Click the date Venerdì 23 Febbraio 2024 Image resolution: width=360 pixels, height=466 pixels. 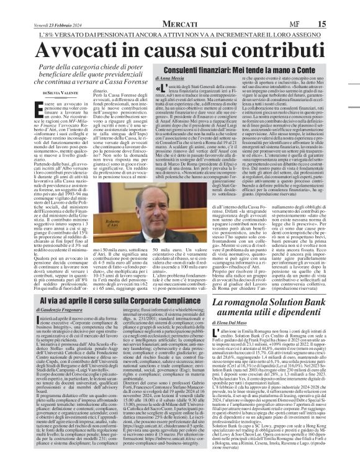[36, 7]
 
